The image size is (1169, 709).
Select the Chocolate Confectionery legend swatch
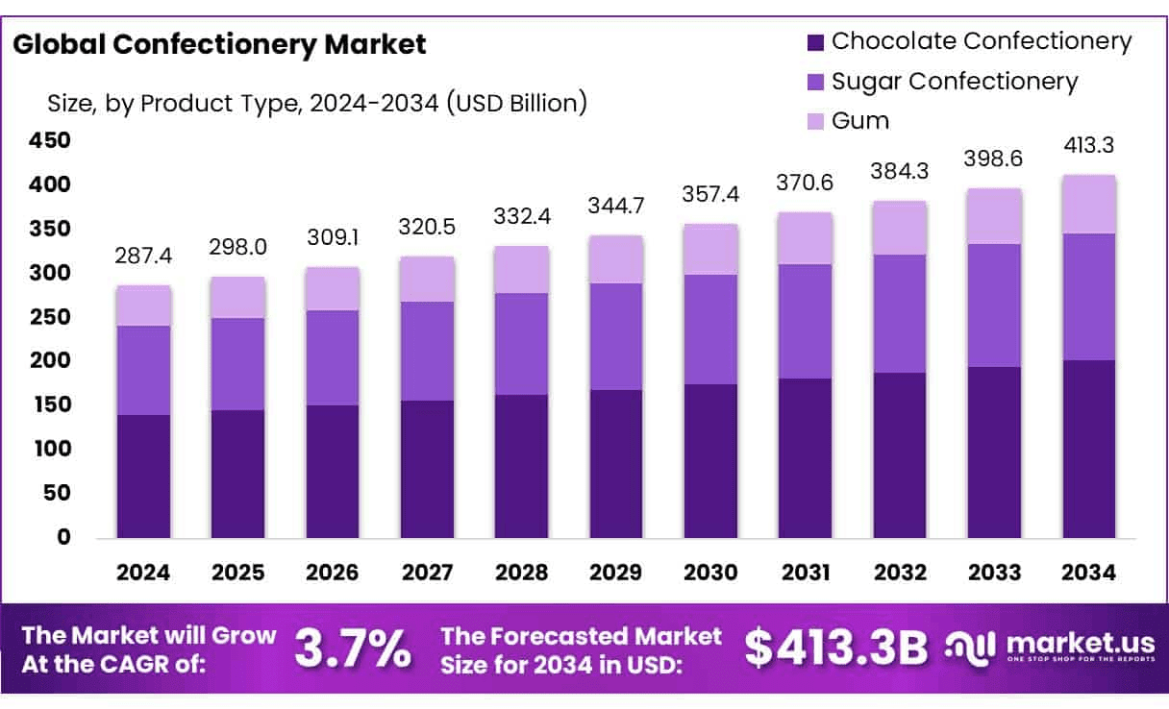pos(816,42)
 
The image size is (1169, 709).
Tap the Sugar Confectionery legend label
pos(955,82)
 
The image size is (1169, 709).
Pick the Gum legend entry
pos(860,120)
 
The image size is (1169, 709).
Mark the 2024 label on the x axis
pos(143,573)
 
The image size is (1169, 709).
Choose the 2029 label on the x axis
pos(616,573)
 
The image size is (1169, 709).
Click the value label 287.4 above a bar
pos(143,257)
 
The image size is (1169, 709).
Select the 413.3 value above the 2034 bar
pos(1089,146)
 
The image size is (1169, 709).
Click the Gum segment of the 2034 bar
pos(1089,205)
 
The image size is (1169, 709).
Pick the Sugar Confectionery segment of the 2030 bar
pos(710,330)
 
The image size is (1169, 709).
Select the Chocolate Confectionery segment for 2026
pos(333,471)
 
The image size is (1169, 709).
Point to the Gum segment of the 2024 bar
pos(143,306)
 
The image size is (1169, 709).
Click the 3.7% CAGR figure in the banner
pos(352,649)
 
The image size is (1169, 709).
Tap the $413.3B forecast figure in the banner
pos(836,649)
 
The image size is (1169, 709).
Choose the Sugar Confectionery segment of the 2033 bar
pos(995,306)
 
